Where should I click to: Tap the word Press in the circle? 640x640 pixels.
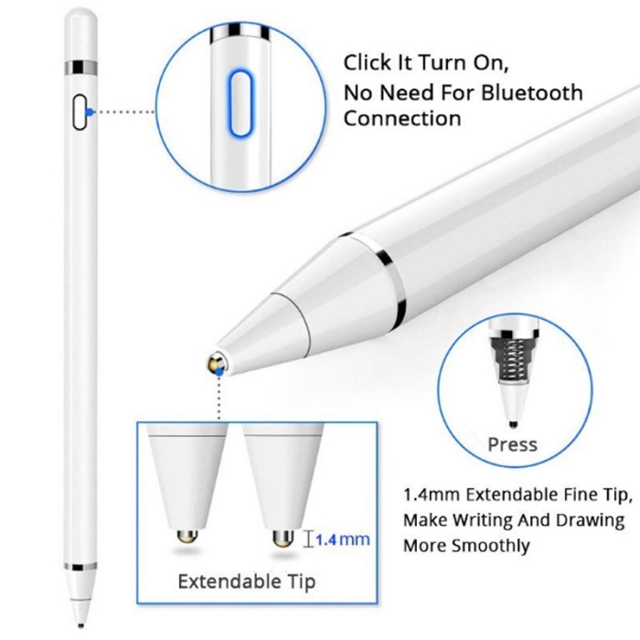(512, 445)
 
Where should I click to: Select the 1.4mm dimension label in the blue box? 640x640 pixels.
(343, 539)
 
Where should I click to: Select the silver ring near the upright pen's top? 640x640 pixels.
(80, 68)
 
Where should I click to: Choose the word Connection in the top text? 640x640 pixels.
(402, 118)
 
